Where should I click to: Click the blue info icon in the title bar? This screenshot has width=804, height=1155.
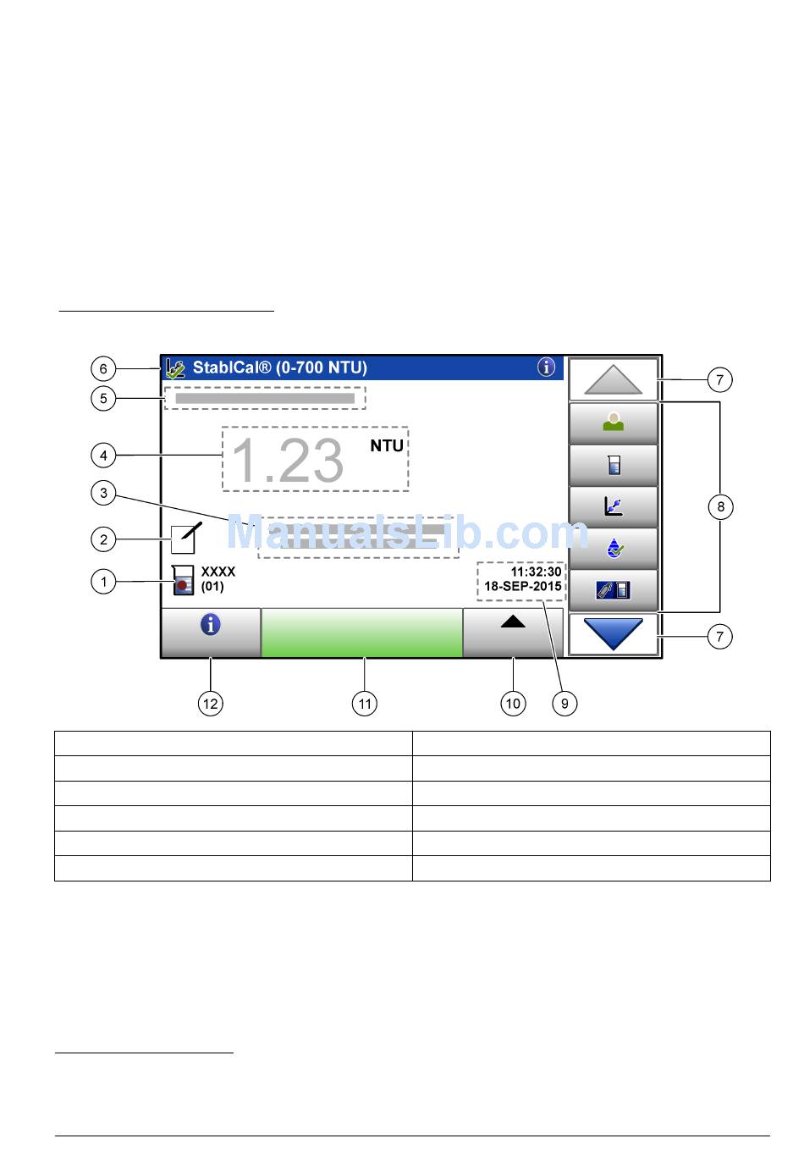pos(546,367)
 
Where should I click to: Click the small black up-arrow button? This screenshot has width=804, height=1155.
pos(513,623)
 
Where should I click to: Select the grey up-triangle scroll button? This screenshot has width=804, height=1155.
pos(614,379)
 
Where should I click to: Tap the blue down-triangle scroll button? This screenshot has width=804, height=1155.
pos(614,633)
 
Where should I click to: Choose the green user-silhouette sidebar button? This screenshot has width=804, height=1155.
pos(614,423)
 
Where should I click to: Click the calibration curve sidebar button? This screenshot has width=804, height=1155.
pos(614,506)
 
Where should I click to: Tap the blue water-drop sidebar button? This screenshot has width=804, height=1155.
pos(614,549)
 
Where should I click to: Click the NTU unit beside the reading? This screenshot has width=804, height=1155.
pos(387,446)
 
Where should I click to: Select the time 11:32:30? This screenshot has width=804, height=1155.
pos(536,572)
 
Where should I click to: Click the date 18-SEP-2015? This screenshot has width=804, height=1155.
pos(522,586)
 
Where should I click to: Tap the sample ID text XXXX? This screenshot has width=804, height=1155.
pos(218,572)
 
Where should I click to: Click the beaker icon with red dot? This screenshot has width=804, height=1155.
pos(183,580)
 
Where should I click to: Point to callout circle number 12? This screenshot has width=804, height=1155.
pos(210,703)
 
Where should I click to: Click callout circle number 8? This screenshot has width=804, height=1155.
pos(720,506)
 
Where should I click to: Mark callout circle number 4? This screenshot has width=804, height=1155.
pos(103,455)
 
